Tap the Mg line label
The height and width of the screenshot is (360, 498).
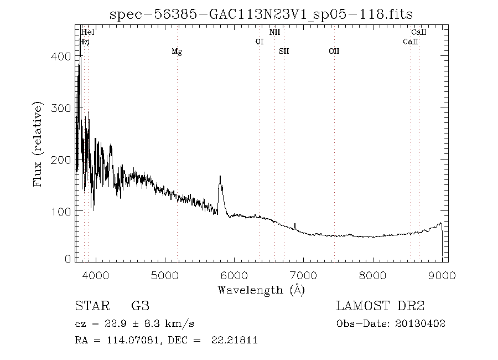coord(177,52)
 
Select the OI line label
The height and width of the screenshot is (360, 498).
coord(259,42)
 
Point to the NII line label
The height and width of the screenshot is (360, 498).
coord(274,32)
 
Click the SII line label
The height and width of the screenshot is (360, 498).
coord(284,52)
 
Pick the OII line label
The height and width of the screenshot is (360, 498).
coord(334,52)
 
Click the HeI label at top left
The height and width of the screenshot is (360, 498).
coord(88,32)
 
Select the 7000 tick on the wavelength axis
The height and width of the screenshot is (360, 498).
coord(303,275)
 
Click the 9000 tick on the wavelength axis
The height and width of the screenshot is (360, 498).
coord(442,275)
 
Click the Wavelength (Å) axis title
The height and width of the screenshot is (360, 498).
coord(261,290)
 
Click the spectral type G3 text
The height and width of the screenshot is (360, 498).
coord(141,306)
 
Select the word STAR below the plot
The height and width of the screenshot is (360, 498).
coord(90,306)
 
